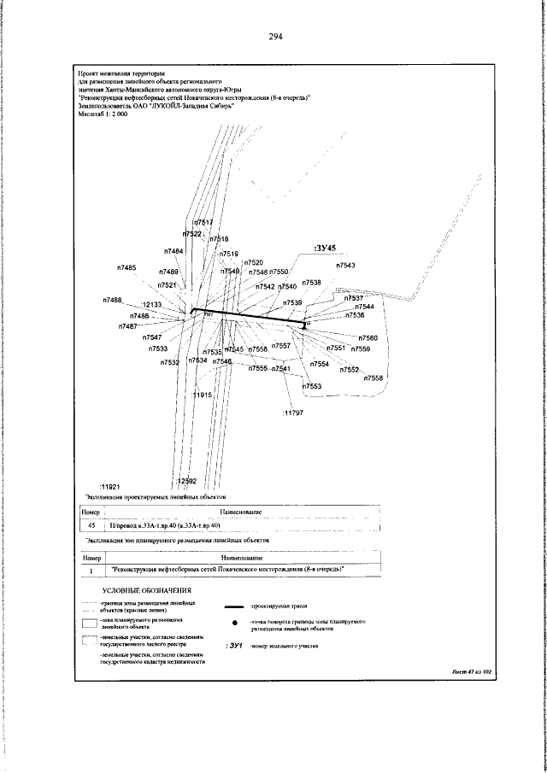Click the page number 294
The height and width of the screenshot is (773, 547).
click(274, 36)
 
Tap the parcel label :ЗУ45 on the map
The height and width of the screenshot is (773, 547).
click(328, 250)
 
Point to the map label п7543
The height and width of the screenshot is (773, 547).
click(345, 266)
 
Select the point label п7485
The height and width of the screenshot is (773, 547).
click(126, 267)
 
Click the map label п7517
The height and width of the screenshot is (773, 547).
click(203, 222)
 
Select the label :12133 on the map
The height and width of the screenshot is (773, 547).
click(151, 304)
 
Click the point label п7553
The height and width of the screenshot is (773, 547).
click(312, 386)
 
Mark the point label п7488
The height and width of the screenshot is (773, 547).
click(112, 300)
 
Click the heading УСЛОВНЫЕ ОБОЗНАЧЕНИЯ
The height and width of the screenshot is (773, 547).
click(147, 590)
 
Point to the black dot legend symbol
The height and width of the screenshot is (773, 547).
click(233, 624)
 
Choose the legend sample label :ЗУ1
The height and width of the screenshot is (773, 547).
click(233, 647)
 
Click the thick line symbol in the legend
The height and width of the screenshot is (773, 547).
click(233, 605)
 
